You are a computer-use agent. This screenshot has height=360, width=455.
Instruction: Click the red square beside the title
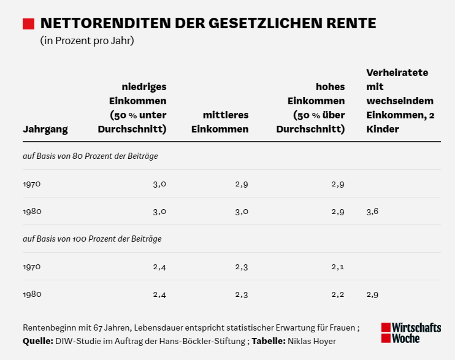(x=28, y=24)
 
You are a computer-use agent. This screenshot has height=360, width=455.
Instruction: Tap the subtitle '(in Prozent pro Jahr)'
(x=87, y=42)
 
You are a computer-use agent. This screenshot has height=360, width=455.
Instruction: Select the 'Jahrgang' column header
(x=45, y=129)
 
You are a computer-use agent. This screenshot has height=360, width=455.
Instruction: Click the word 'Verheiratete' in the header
(x=397, y=72)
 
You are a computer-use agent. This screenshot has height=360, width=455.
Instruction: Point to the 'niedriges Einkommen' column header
(x=132, y=108)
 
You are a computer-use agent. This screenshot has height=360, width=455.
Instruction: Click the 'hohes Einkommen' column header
(x=311, y=108)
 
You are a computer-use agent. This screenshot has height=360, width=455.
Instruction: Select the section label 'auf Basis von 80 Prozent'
(x=90, y=156)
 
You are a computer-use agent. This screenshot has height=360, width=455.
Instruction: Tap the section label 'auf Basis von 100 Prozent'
(x=92, y=239)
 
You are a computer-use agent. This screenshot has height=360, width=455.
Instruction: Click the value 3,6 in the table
(x=372, y=212)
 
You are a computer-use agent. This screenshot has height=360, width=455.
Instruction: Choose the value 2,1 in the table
(x=338, y=267)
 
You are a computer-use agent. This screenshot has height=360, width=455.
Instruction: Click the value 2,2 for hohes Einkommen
(x=338, y=294)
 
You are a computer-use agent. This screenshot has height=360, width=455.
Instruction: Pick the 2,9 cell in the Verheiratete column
(x=372, y=294)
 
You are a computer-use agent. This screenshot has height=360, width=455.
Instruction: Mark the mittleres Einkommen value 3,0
(x=242, y=212)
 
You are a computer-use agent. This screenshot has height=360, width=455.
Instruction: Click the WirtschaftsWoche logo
(x=411, y=332)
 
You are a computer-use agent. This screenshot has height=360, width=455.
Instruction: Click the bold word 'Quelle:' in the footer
(x=37, y=341)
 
